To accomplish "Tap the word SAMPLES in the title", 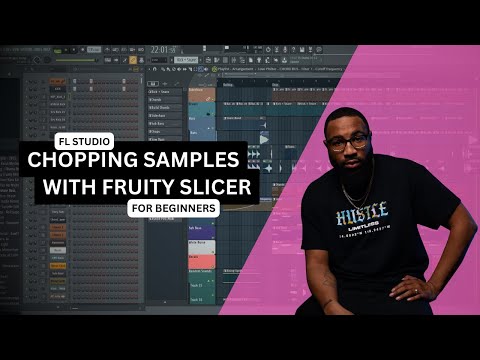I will point(196,159).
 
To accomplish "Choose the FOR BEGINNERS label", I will point(174,208).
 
